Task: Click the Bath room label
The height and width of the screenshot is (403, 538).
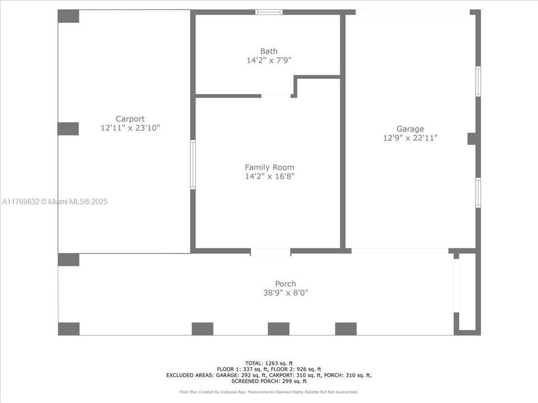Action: [x=268, y=51]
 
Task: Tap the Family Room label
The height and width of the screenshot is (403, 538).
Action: [x=269, y=167]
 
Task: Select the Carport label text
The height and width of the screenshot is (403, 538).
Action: [x=130, y=119]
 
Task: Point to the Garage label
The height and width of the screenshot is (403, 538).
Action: [x=410, y=129]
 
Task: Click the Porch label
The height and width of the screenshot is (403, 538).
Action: [x=285, y=284]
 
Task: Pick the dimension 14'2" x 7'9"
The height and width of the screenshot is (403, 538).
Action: [x=269, y=60]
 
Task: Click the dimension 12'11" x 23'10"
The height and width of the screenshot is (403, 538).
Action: [x=130, y=128]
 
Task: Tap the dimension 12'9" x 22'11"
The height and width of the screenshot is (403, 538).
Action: [x=410, y=138]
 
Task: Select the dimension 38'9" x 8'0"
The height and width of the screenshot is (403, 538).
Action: [x=286, y=293]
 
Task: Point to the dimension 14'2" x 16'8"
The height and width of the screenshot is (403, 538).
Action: [x=270, y=176]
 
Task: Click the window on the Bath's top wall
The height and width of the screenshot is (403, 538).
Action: [x=269, y=12]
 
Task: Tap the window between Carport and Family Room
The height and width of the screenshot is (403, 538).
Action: [x=193, y=165]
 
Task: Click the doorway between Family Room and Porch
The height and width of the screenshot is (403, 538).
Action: [x=270, y=252]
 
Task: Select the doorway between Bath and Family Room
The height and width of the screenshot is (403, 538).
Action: [x=277, y=96]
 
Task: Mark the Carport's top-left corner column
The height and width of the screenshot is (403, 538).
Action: [x=68, y=16]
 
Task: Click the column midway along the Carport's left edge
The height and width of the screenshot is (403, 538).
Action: [x=68, y=129]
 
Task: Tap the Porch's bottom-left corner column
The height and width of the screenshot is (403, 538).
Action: [x=68, y=329]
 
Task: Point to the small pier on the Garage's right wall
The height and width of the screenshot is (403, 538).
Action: [x=472, y=139]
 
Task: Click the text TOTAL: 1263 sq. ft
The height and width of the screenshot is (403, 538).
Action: [x=269, y=363]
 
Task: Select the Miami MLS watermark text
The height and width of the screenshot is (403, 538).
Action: [x=55, y=201]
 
